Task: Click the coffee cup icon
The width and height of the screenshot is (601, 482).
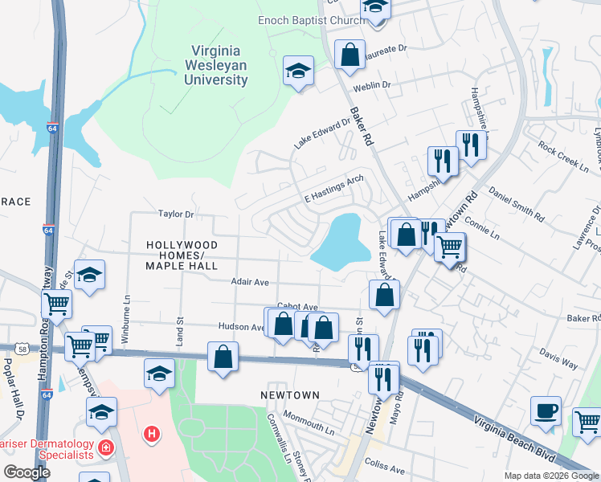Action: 546,410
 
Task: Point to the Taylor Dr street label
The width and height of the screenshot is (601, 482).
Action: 177,214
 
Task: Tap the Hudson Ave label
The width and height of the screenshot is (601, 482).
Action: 241,327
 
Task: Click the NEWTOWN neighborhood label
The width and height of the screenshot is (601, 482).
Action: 290,395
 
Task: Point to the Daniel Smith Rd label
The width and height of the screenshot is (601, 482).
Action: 516,204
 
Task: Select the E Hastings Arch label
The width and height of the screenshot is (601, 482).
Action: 333,190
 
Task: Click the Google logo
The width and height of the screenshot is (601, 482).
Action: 27,472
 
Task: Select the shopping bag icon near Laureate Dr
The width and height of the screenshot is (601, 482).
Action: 350,55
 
